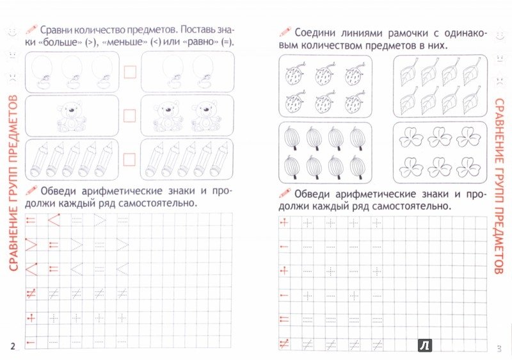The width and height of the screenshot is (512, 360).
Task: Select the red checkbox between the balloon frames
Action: (130, 72)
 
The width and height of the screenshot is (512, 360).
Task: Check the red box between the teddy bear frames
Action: (130, 116)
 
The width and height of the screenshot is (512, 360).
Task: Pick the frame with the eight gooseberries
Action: (325, 152)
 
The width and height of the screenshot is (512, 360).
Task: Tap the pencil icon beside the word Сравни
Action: (29, 29)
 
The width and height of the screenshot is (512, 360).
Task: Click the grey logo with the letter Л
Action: (424, 347)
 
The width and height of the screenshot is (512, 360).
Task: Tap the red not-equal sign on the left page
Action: (29, 293)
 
